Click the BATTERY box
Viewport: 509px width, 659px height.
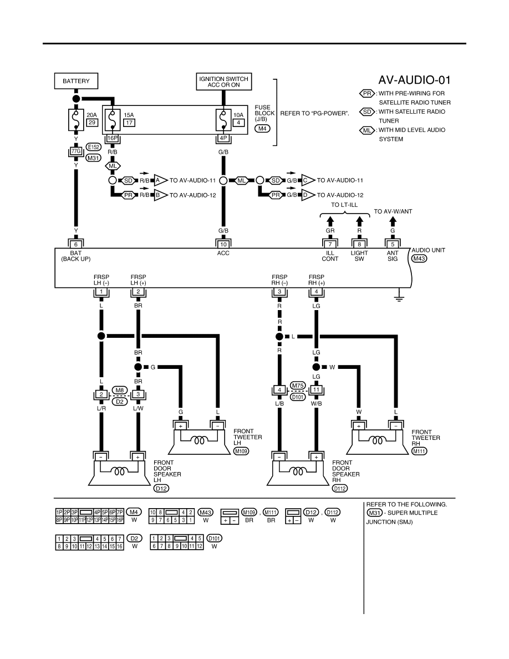(76, 81)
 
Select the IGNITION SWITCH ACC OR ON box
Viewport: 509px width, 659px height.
(224, 82)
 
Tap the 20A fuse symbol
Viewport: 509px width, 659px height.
(76, 120)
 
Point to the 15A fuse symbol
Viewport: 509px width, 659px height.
(112, 120)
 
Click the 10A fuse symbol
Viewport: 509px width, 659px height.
(223, 120)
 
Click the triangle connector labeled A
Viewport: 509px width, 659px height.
(160, 180)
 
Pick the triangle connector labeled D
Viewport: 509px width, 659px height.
(308, 195)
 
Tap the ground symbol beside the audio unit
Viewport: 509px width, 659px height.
(399, 298)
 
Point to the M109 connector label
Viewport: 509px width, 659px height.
(241, 451)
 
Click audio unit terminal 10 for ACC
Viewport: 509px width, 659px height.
(223, 244)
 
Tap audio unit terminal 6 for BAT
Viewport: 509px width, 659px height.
(76, 244)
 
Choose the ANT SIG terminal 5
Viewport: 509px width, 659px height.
(393, 244)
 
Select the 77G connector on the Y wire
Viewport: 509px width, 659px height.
(76, 151)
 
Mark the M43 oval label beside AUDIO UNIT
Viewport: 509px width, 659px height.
(419, 259)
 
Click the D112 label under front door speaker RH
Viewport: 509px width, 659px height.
(340, 488)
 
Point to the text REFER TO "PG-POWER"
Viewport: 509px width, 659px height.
(314, 114)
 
